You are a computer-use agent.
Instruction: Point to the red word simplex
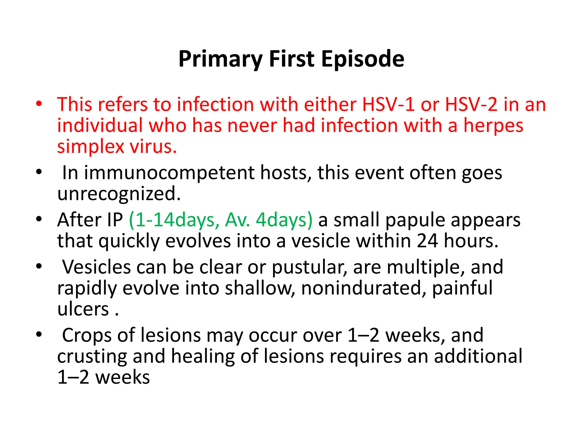point(91,147)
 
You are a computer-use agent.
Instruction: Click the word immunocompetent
point(169,173)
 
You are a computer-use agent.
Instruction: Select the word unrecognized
point(119,194)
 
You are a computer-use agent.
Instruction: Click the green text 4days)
point(284,220)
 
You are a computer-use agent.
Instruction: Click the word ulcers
point(83,309)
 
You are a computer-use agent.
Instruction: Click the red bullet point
point(39,104)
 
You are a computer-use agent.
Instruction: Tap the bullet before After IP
point(39,219)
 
